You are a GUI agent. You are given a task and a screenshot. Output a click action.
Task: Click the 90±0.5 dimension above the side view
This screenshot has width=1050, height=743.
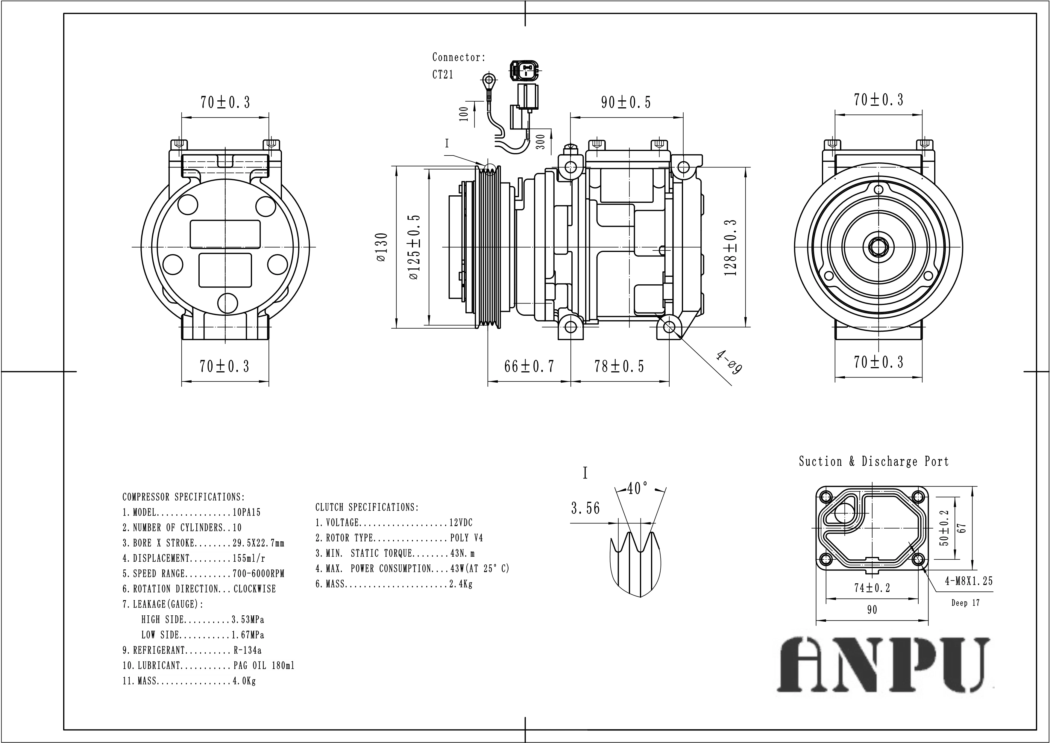click(626, 102)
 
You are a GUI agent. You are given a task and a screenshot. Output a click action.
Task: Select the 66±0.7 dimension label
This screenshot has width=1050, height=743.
click(529, 366)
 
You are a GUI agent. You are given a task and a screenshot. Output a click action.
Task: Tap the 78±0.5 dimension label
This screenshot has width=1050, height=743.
click(619, 366)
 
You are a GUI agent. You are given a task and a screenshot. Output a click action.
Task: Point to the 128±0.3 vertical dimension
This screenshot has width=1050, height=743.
click(731, 247)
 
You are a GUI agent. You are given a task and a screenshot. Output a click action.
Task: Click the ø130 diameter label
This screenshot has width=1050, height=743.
click(382, 247)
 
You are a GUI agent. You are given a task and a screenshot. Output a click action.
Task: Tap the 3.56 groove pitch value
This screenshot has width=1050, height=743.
click(585, 508)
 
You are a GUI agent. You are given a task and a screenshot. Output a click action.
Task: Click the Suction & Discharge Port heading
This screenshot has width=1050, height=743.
click(873, 461)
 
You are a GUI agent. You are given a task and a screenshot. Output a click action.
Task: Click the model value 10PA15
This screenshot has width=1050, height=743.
click(247, 513)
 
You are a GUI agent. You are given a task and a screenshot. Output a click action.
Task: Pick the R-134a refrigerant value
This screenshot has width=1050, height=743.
click(248, 650)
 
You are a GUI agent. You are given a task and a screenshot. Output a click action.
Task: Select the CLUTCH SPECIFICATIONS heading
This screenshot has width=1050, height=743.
click(367, 507)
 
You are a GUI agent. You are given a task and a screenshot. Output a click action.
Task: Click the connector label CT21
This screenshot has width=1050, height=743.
click(443, 75)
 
